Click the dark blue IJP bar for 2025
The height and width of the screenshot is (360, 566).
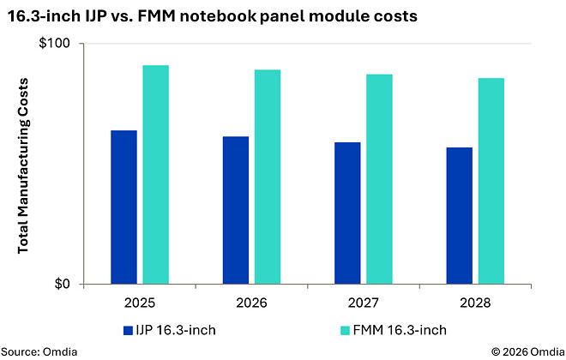coord(123,207)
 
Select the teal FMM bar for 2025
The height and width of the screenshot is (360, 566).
coord(155,175)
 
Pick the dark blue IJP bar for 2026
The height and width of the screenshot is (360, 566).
coord(236,210)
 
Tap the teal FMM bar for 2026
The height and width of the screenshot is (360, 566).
coord(268,177)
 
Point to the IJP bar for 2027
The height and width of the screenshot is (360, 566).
coord(347,213)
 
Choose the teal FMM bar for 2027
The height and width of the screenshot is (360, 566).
coord(379,179)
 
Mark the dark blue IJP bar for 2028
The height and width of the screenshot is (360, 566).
coord(460,216)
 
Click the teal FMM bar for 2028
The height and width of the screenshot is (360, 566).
coord(491,181)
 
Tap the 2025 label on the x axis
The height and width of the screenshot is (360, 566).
coord(140,303)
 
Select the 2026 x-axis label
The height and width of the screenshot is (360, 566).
coord(251,303)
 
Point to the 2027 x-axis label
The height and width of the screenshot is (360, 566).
coord(364,303)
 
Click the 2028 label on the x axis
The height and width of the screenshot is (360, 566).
coord(475,303)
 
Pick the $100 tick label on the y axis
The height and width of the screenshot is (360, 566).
coord(54,44)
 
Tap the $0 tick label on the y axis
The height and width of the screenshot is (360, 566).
coord(62,284)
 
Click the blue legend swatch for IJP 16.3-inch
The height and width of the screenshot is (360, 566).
coord(128,330)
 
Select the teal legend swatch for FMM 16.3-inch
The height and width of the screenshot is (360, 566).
coord(345,330)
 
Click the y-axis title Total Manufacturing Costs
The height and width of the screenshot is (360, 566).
coord(23,165)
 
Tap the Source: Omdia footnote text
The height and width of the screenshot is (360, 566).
coord(39,351)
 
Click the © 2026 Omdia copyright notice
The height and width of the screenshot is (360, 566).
coord(528,351)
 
